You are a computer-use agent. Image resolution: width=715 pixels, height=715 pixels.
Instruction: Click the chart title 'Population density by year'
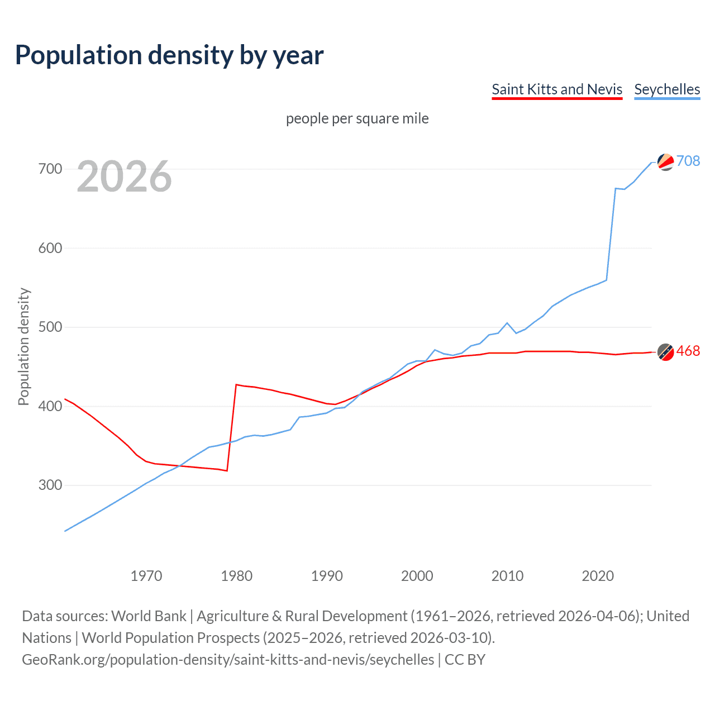click(x=169, y=55)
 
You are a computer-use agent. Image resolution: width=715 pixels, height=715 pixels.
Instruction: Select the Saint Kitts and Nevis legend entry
click(x=557, y=89)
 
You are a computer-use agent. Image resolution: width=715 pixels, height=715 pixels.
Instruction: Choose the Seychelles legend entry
click(x=667, y=89)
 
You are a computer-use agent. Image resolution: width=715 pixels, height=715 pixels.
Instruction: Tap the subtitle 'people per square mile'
click(x=357, y=118)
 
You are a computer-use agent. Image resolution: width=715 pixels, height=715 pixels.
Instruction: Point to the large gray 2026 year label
click(x=124, y=177)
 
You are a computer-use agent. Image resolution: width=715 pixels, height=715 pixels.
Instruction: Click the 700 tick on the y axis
click(x=50, y=169)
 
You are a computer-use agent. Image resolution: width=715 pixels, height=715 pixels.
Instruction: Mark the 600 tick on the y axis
click(x=50, y=248)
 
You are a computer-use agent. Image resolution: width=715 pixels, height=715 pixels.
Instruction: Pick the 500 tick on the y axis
click(x=50, y=327)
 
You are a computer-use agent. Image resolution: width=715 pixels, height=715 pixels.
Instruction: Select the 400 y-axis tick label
click(x=50, y=406)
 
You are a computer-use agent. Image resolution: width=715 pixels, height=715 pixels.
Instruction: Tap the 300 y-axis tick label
click(x=50, y=485)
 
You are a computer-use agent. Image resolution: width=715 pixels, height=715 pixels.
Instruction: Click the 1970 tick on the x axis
click(x=146, y=576)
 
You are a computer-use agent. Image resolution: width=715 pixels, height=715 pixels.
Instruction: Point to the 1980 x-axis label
click(x=237, y=576)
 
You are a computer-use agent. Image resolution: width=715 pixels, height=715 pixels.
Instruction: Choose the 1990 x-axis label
click(x=327, y=576)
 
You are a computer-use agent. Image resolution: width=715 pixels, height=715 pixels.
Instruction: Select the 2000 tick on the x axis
click(x=417, y=576)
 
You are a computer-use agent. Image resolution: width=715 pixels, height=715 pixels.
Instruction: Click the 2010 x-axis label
click(x=507, y=576)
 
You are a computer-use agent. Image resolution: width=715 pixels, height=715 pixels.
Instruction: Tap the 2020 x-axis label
click(x=598, y=576)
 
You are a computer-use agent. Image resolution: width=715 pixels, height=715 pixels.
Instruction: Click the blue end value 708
click(x=688, y=161)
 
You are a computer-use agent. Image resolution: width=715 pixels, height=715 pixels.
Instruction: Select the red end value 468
click(x=688, y=351)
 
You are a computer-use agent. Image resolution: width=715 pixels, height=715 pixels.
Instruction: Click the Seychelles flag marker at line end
click(x=666, y=162)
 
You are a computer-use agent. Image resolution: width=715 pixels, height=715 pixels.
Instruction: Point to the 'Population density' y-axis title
click(x=23, y=346)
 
